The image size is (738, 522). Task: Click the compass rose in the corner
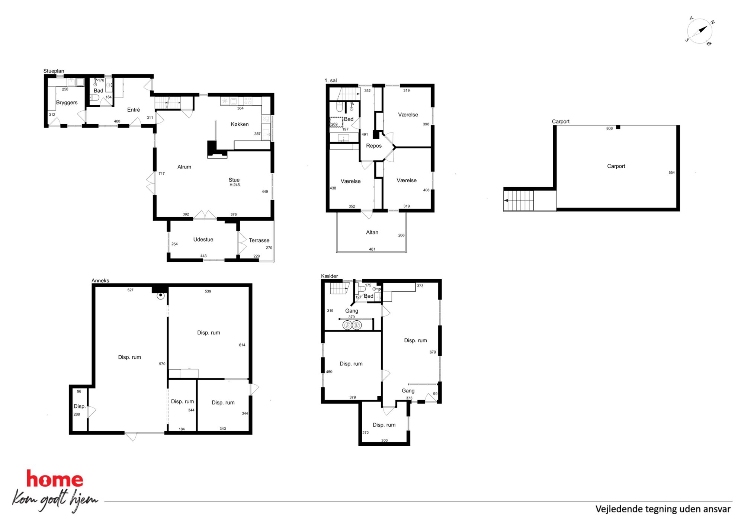click(x=699, y=31)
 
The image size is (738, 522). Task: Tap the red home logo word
click(x=55, y=479)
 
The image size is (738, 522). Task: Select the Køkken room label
click(x=240, y=124)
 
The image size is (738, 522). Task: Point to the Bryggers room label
click(x=67, y=103)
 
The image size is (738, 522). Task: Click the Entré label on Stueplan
click(x=134, y=110)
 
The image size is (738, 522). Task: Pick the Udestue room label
click(x=203, y=240)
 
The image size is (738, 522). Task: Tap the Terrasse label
click(x=259, y=240)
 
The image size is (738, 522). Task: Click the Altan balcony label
click(x=372, y=233)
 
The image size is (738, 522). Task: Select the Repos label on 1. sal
click(x=374, y=146)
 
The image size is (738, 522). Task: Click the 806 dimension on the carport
click(x=609, y=129)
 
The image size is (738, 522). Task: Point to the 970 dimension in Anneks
click(x=162, y=364)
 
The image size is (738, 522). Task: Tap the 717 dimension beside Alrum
click(x=161, y=174)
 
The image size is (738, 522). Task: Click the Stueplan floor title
click(x=54, y=71)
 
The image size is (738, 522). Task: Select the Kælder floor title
click(x=330, y=276)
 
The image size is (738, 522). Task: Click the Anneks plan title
click(x=100, y=281)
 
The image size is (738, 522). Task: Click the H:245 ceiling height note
click(x=235, y=185)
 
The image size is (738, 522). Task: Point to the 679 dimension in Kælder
click(x=433, y=352)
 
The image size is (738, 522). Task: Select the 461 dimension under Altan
click(x=372, y=249)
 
